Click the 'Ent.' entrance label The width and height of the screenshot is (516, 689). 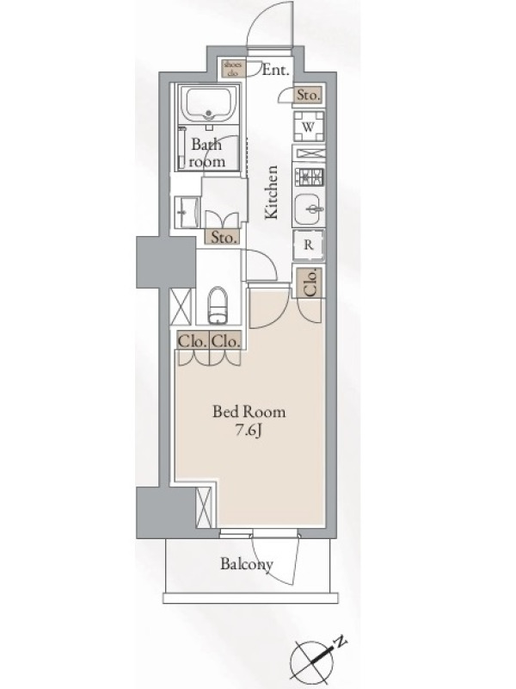click(276, 70)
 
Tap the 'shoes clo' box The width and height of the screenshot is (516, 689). click(232, 69)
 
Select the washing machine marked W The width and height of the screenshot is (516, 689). click(309, 127)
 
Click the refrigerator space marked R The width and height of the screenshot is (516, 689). click(309, 245)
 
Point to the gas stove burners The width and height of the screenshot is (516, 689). click(310, 177)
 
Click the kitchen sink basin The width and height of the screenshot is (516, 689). click(309, 208)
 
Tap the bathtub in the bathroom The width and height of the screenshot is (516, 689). click(209, 104)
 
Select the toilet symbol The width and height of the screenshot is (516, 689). click(218, 305)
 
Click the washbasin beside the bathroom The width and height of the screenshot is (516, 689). click(187, 213)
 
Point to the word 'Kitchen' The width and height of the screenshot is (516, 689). click(272, 192)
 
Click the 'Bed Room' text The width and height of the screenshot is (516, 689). click(249, 412)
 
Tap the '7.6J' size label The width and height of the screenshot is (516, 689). click(249, 430)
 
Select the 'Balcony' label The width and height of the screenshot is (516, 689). click(247, 564)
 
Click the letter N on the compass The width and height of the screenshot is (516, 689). click(340, 643)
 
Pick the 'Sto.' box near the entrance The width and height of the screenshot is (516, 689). click(309, 95)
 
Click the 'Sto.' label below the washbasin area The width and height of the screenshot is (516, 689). click(224, 238)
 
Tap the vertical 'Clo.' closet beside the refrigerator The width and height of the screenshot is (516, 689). click(309, 282)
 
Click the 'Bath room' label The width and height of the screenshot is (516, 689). click(207, 153)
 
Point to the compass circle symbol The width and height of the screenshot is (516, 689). click(310, 661)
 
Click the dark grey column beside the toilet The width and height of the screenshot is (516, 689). click(166, 262)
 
